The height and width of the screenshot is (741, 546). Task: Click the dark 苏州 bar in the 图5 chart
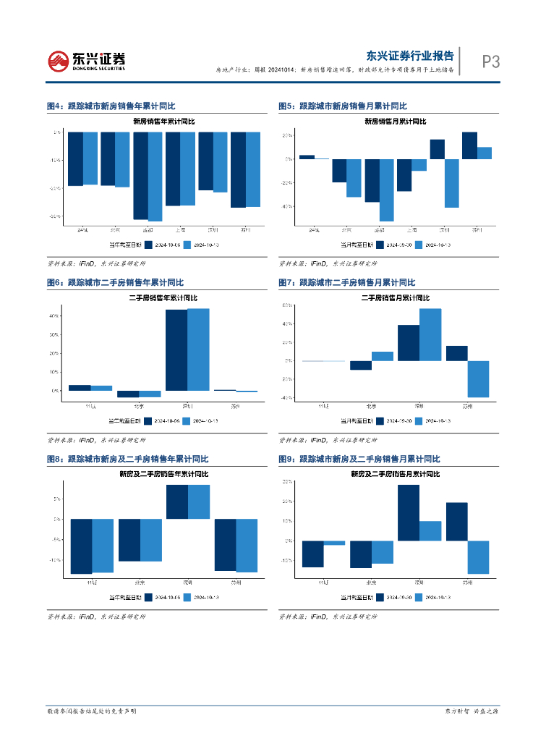pyautogui.click(x=469, y=145)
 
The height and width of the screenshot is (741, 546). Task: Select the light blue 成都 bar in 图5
pyautogui.click(x=386, y=190)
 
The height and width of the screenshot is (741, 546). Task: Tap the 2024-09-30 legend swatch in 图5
pyautogui.click(x=380, y=245)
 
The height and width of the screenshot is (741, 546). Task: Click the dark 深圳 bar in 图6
pyautogui.click(x=176, y=350)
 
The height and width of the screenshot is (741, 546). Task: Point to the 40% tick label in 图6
pyautogui.click(x=54, y=316)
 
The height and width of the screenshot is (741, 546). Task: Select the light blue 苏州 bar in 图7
pyautogui.click(x=478, y=378)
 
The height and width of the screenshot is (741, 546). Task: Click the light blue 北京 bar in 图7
pyautogui.click(x=383, y=356)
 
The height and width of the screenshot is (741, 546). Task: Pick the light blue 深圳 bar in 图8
pyautogui.click(x=199, y=501)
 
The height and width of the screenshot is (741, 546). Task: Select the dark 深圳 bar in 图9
pyautogui.click(x=409, y=512)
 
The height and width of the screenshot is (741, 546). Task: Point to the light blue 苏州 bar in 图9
pyautogui.click(x=478, y=557)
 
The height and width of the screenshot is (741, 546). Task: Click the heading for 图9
pyautogui.click(x=359, y=460)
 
